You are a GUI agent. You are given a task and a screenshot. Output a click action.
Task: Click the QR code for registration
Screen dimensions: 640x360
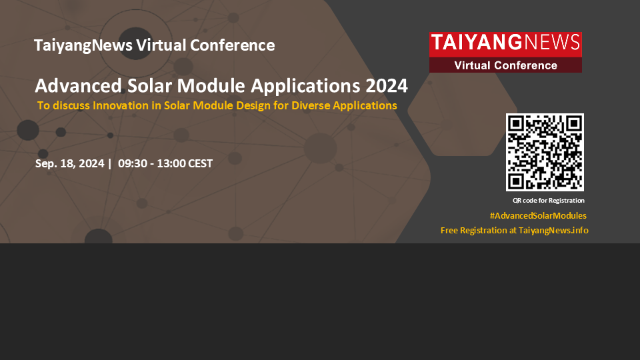click(x=545, y=152)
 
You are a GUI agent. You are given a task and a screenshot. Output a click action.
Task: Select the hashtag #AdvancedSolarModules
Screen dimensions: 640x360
click(x=538, y=215)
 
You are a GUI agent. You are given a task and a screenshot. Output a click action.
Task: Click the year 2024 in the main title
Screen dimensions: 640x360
click(x=387, y=86)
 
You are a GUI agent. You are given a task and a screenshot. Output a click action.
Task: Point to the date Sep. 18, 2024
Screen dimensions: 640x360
click(x=70, y=164)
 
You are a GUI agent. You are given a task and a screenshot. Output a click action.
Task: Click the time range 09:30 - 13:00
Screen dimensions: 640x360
click(x=152, y=164)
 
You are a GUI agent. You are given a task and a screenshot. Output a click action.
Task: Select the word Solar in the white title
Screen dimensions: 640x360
click(x=149, y=86)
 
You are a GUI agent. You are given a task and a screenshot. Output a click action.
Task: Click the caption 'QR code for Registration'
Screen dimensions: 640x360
click(x=549, y=201)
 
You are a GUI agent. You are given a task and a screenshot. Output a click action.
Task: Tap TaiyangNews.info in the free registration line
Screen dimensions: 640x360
click(x=553, y=230)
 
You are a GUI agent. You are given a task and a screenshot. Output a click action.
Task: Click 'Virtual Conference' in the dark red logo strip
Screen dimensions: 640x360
click(x=506, y=65)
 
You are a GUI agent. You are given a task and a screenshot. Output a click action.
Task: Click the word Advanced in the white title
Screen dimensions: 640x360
click(x=79, y=86)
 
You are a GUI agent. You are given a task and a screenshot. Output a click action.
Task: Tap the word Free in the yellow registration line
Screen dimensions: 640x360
click(x=449, y=230)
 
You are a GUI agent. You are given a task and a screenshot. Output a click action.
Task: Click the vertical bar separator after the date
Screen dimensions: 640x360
click(x=110, y=164)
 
